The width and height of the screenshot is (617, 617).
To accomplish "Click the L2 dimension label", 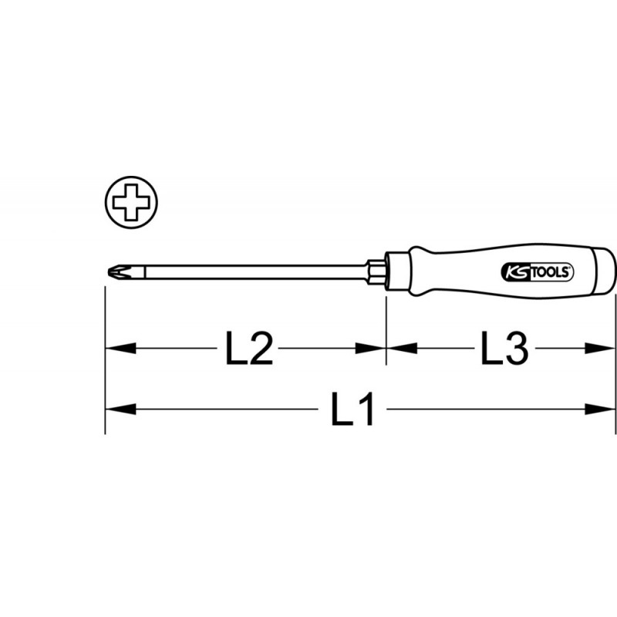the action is click(x=248, y=349).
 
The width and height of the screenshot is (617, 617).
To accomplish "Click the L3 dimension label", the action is click(x=505, y=348).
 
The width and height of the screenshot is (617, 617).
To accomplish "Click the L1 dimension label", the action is click(x=352, y=409).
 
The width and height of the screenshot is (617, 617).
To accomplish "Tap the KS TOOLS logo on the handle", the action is click(x=537, y=272).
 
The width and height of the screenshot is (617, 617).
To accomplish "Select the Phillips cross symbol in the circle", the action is click(x=131, y=202).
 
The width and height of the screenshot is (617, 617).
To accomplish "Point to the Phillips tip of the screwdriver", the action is click(x=117, y=272).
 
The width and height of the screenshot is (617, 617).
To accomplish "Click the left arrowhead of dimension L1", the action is click(x=121, y=410).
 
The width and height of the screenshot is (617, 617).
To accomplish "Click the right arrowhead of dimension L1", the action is click(x=598, y=410).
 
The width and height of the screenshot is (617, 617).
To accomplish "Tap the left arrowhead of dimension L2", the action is click(x=121, y=349).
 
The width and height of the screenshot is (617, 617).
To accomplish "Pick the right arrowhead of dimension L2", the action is click(x=370, y=349).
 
